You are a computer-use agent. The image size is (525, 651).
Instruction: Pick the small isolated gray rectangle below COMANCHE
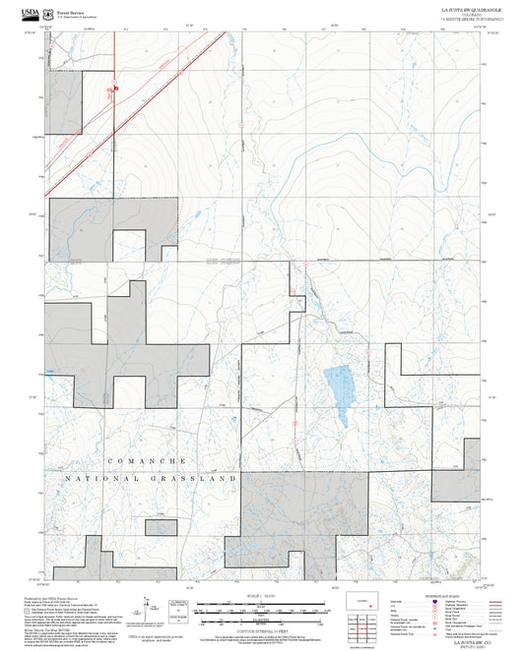pos(161,526)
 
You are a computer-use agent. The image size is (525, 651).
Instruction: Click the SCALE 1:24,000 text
pos(262,596)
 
